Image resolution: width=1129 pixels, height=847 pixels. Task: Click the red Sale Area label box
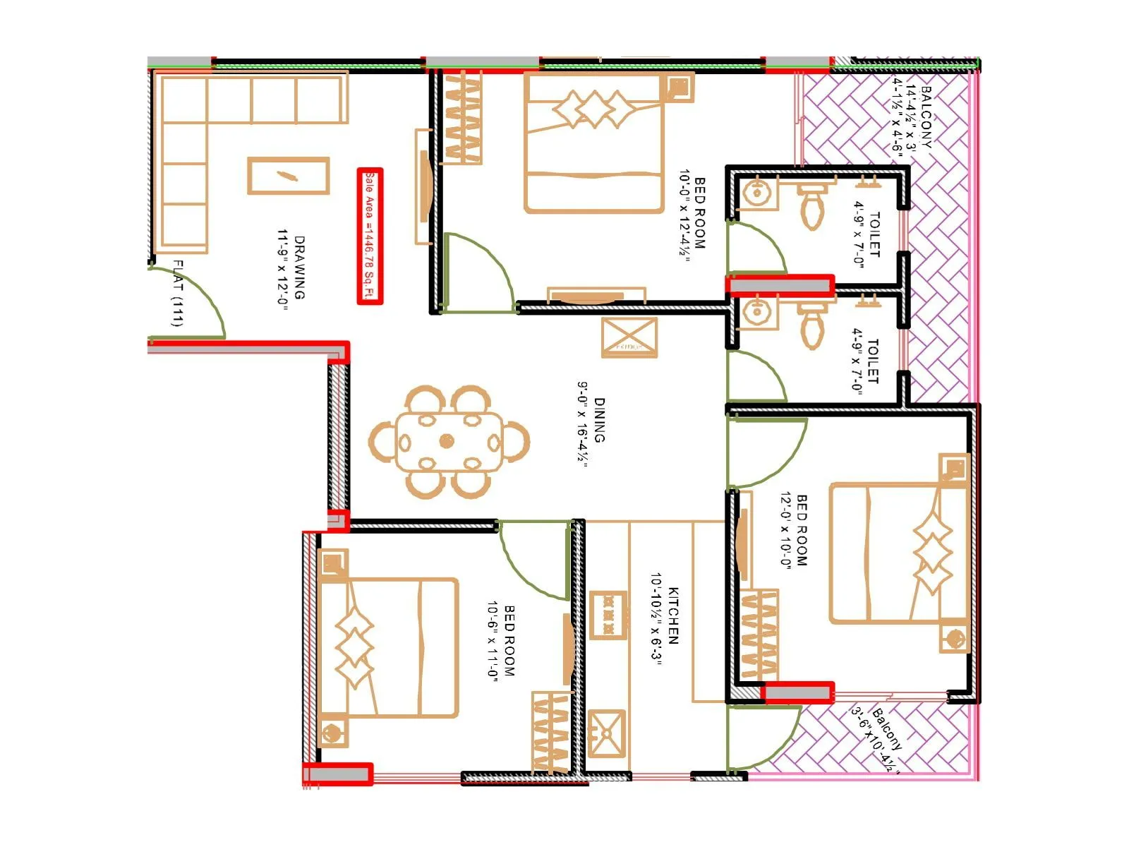(x=370, y=236)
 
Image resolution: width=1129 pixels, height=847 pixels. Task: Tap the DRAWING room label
(x=299, y=268)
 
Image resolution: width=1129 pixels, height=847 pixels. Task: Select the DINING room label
(x=599, y=420)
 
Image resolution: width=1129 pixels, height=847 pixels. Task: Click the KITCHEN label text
(x=673, y=615)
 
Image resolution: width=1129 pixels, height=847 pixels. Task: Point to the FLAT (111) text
(x=178, y=294)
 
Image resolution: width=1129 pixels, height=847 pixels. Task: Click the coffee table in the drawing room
(x=288, y=176)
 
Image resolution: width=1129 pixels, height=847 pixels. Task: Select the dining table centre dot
(x=447, y=441)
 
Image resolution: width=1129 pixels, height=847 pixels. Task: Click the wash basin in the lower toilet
(x=756, y=312)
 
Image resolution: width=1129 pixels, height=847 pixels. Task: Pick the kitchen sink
(x=607, y=733)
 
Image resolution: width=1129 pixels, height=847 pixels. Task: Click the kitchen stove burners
(x=608, y=614)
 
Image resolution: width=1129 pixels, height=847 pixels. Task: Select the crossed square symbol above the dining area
(x=629, y=337)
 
